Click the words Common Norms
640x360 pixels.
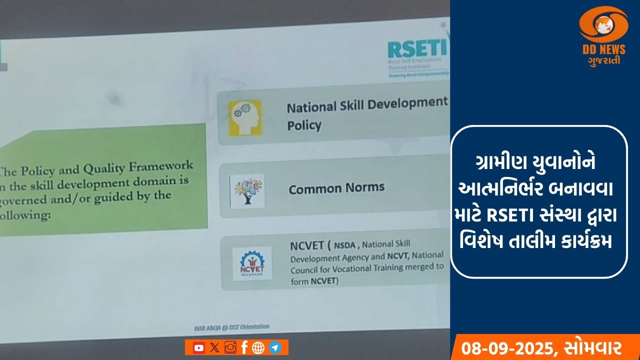[336, 188]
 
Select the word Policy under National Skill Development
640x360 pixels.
[304, 125]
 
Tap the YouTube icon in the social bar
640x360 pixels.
[198, 347]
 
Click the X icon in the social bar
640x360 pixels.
[214, 347]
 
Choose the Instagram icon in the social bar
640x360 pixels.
[230, 347]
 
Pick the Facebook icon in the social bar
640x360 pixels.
[244, 347]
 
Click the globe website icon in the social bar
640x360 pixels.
[258, 347]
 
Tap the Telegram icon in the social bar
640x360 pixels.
[274, 347]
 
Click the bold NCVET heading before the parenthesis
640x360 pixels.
[306, 246]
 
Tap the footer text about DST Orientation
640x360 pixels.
[232, 327]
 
